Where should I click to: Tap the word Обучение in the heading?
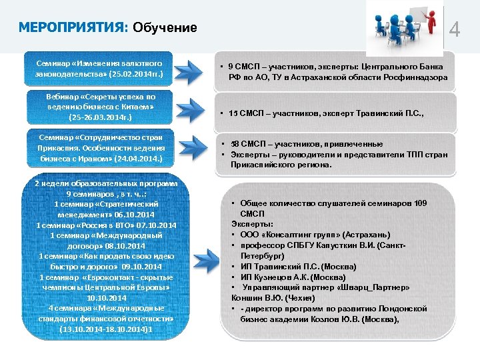(165, 27)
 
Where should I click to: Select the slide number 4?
(455, 30)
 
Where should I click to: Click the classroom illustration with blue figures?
(405, 26)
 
